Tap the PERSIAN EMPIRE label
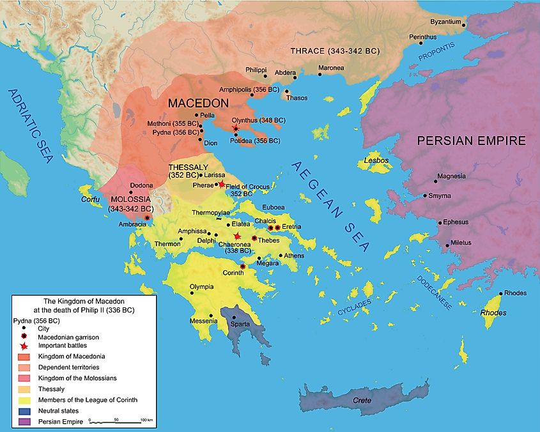coord(472,141)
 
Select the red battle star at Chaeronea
coord(237,236)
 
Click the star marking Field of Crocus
coord(222,185)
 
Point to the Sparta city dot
coord(234,317)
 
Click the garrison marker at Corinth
coord(242,266)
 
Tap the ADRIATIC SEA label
coord(29,127)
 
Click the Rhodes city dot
coord(500,293)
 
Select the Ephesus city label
coord(456,222)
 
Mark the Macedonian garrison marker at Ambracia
coord(148,218)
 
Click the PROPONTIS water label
coord(439,54)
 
